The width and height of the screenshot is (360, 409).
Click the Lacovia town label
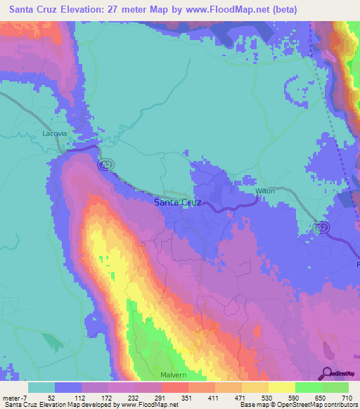point(54,133)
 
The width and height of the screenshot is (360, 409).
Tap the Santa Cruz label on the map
point(177,202)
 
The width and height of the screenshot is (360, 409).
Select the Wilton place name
point(265,190)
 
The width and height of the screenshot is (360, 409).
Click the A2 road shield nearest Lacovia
point(103,164)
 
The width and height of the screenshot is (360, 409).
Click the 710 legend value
point(345,397)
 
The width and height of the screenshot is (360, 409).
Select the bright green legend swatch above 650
point(308,387)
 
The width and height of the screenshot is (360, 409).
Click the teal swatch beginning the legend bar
point(41,387)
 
